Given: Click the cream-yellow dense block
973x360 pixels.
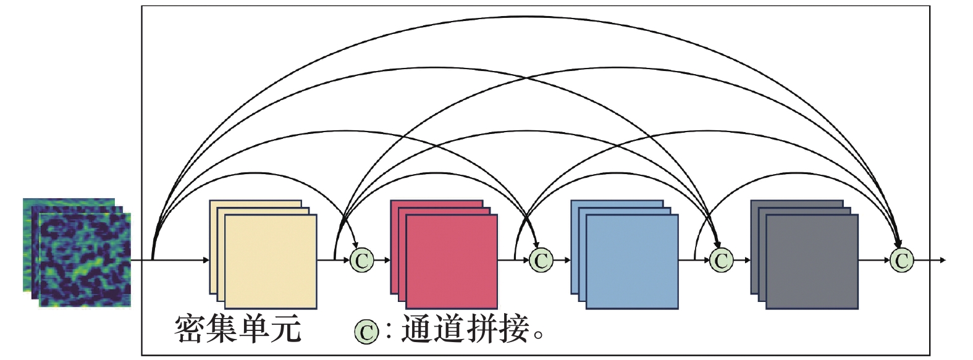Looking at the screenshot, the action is coord(263,254).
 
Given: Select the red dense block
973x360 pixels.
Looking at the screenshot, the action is coord(444,254).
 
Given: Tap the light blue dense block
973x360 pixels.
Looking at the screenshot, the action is coord(625,254).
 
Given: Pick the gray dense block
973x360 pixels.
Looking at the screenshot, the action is coord(805,254).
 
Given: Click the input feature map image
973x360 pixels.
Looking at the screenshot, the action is coord(77,253).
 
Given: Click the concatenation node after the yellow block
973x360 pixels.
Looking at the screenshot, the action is coord(362,261).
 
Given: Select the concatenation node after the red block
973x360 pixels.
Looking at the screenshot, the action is coord(541,261).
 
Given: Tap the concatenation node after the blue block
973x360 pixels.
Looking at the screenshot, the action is coord(722,261).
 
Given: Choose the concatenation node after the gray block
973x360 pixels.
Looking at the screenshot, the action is coord(902,261).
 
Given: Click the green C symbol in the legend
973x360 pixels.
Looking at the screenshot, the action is coord(366,332).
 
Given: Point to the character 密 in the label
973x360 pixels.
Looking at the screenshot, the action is coord(190,329).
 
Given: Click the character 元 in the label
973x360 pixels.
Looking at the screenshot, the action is coord(285,329).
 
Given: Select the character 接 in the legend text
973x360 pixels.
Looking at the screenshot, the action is coord(514,329).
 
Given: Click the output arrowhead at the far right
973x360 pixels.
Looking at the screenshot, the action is coord(942,261).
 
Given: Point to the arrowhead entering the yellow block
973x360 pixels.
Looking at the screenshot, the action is coord(206,261).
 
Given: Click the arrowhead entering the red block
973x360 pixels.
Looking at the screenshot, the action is coord(387,261).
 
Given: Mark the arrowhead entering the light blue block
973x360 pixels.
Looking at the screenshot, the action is coord(567,261).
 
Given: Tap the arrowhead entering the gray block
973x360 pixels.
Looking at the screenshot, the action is coord(747,261).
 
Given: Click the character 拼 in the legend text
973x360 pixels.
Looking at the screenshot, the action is coord(482,329).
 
